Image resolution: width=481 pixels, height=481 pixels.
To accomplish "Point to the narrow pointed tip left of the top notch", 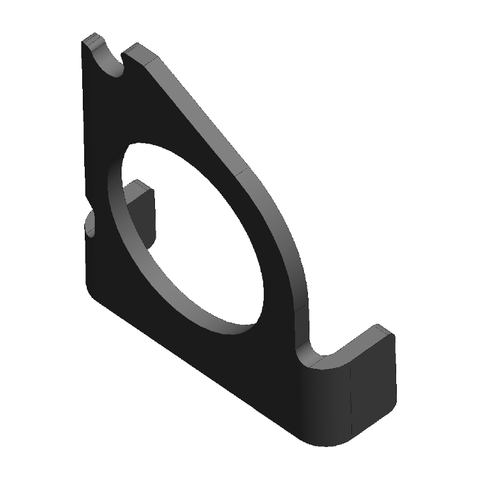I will (92, 40).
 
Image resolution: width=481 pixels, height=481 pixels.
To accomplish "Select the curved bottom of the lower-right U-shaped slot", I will (321, 357).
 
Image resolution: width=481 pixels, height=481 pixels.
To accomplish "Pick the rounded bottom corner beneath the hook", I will (321, 438).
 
